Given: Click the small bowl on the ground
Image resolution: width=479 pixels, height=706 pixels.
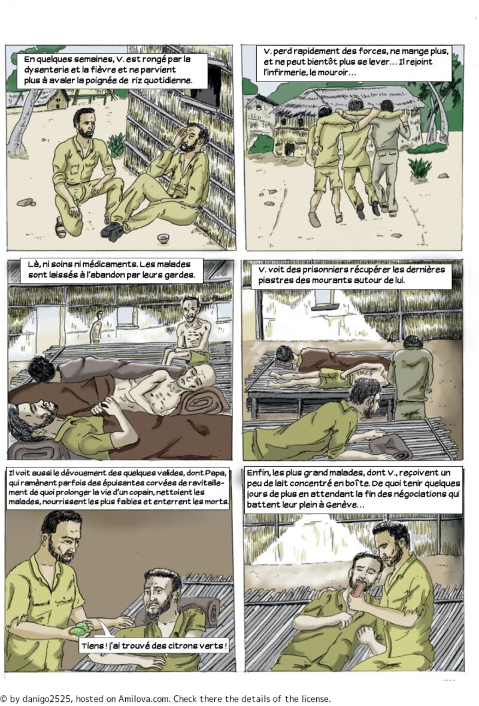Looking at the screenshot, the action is (163, 238).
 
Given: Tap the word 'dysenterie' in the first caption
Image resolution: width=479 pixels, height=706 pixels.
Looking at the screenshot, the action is (44, 70).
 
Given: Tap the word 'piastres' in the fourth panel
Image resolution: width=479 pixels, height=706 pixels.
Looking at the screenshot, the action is (273, 280).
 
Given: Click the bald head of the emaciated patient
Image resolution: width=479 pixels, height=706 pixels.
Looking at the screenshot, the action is (199, 376).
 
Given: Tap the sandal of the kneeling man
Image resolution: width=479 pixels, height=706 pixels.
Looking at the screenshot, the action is (60, 227).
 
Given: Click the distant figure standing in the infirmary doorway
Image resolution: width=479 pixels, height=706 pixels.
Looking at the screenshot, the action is (96, 327).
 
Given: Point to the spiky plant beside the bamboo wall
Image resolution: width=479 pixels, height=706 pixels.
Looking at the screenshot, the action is (117, 144).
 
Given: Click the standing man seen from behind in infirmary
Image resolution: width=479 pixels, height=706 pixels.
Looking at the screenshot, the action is (410, 378).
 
